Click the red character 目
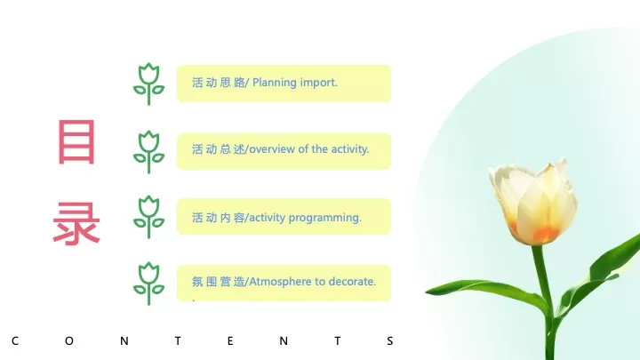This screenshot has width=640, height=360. pos(76,142)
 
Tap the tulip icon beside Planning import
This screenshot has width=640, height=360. pos(148,84)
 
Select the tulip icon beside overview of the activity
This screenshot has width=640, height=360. pos(148,151)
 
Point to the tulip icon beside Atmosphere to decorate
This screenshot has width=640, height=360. pos(148,283)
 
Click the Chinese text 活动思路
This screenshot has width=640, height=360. pos(218,83)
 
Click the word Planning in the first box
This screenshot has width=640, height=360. pos(275,83)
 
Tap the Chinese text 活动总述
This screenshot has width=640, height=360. pos(218,149)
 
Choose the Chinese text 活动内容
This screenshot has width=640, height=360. pos(218,217)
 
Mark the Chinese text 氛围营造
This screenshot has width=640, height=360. pos(218,282)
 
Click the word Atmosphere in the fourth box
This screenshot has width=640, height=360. pos(281,282)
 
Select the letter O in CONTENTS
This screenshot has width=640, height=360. pos(69,340)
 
